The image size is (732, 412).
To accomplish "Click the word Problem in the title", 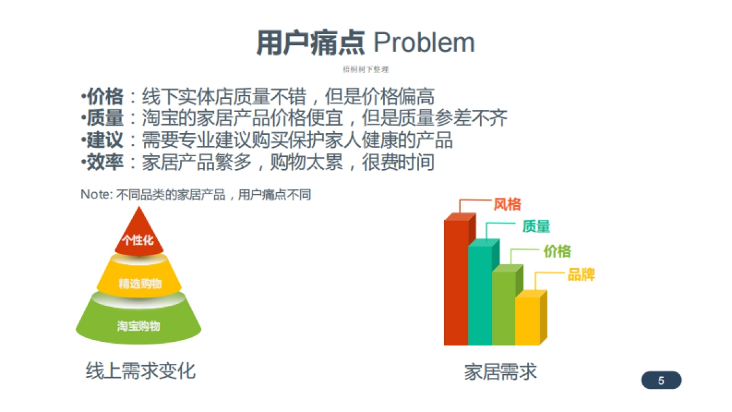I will click(424, 43).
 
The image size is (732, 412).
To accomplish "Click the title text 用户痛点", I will click(310, 43).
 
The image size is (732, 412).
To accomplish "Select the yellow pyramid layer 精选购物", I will click(140, 283).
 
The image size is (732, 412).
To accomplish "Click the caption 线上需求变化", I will click(140, 370).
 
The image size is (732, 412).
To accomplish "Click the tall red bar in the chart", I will click(456, 281).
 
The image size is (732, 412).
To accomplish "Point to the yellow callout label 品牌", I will click(581, 275).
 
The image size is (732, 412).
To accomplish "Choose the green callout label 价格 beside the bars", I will click(557, 251).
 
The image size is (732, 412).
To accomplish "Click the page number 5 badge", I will click(661, 380).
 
